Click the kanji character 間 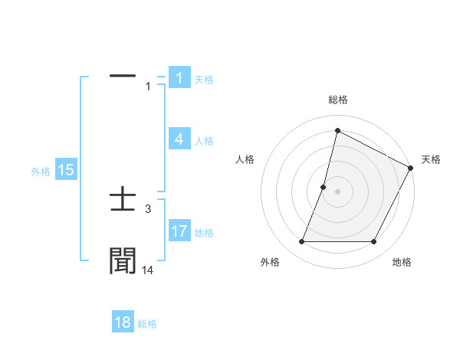(x=123, y=260)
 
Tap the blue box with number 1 (x=179, y=78)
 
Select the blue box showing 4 (x=179, y=139)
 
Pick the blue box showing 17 (x=179, y=231)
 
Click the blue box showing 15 (x=65, y=170)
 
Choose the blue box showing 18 (x=123, y=322)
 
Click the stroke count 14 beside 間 (x=148, y=270)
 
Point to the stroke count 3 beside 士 (x=148, y=208)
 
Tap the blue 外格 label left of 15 (x=41, y=172)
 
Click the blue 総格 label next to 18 (x=147, y=324)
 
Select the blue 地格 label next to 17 (x=204, y=233)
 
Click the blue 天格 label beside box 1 (x=204, y=80)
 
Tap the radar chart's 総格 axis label (x=338, y=100)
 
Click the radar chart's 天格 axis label (x=431, y=159)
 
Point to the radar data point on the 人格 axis (x=324, y=187)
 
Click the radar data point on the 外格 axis (x=302, y=242)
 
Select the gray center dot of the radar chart (x=338, y=191)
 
